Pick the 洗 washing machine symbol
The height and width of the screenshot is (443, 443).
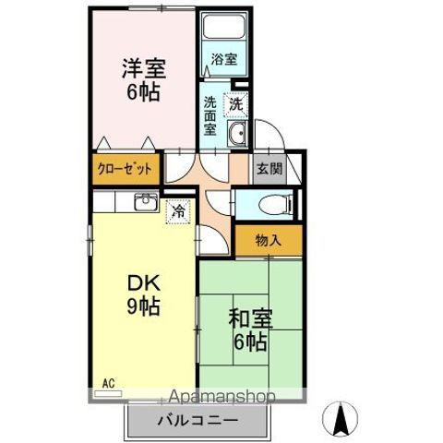[238, 105]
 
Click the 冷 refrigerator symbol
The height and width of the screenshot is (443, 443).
[177, 211]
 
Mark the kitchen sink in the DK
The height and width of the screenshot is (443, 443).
[145, 202]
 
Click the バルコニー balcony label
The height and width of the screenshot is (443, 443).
[198, 422]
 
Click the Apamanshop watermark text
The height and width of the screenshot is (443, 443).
[219, 398]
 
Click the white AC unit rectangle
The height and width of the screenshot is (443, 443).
[108, 392]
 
